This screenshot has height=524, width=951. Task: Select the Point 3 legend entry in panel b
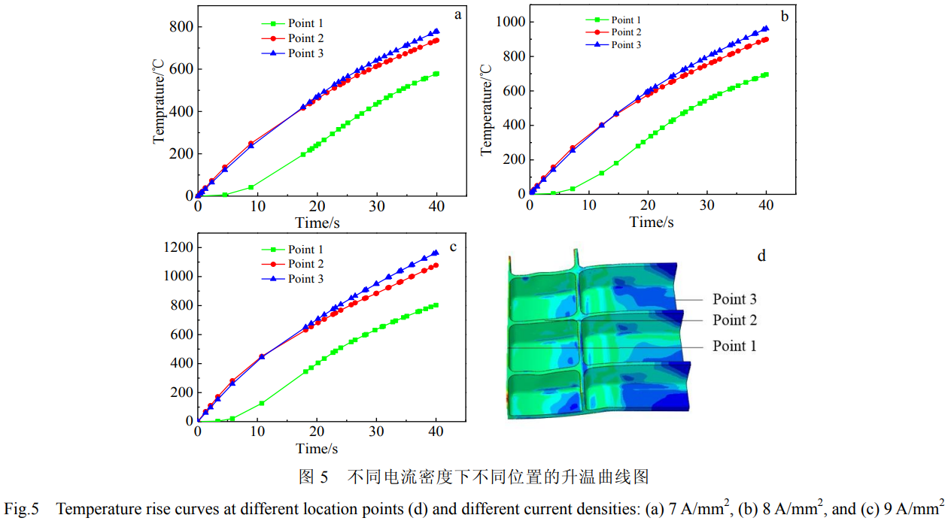(626, 44)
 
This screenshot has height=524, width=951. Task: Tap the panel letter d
(761, 256)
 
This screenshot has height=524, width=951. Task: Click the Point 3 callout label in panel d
(734, 299)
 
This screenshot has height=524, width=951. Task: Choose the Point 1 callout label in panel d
(734, 346)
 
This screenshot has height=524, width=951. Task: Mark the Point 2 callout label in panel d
(734, 320)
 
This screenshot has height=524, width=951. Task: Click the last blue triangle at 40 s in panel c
(436, 253)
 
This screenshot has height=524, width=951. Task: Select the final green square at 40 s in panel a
(436, 74)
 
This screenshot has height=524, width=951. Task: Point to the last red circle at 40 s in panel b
(766, 39)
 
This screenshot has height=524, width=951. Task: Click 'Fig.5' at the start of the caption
(21, 509)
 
